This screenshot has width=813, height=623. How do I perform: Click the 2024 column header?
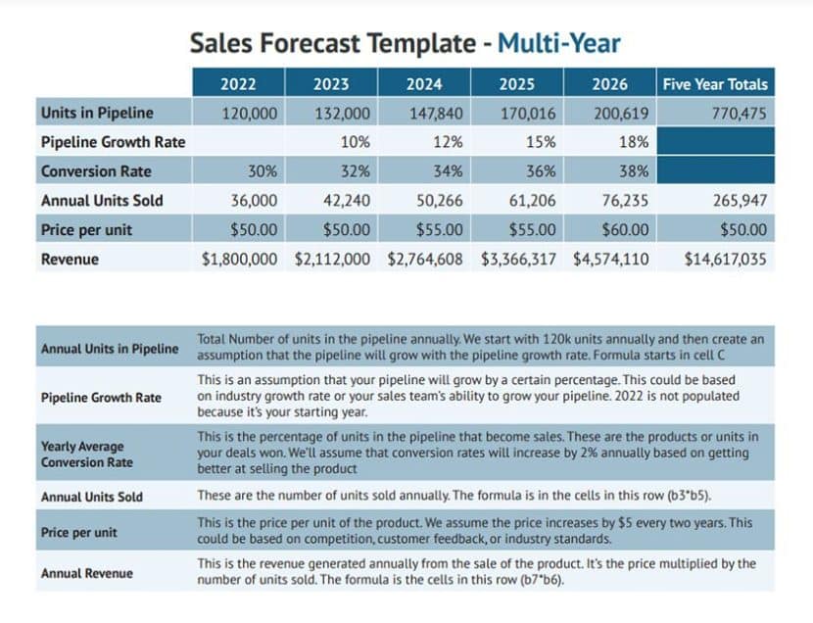pos(424,84)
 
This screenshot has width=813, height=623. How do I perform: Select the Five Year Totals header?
pos(715,84)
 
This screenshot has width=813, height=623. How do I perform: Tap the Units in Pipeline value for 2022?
pos(251,113)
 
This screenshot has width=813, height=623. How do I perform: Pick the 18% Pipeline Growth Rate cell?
pos(633,142)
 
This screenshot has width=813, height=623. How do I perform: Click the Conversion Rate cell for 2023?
pos(355,171)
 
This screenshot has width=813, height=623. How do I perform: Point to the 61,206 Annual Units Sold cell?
pos(529,201)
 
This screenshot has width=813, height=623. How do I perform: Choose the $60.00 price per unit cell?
pos(624,230)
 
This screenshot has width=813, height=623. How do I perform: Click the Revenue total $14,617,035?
pos(726,260)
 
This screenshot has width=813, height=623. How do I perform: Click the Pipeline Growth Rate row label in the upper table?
pos(113,142)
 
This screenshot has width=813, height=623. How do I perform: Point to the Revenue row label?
pos(70,260)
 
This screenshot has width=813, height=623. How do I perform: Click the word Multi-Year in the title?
pos(558,43)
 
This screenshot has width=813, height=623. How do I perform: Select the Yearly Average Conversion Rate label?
pos(86,454)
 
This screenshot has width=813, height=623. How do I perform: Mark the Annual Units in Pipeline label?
pos(110,349)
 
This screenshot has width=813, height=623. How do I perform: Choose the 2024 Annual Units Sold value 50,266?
pos(436,201)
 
